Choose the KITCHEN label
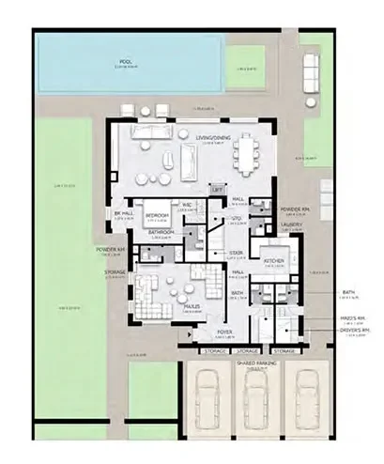pos(274,261)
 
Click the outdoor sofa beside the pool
pos(310,72)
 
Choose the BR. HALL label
pos(124,213)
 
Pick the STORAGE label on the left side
pos(114,272)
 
